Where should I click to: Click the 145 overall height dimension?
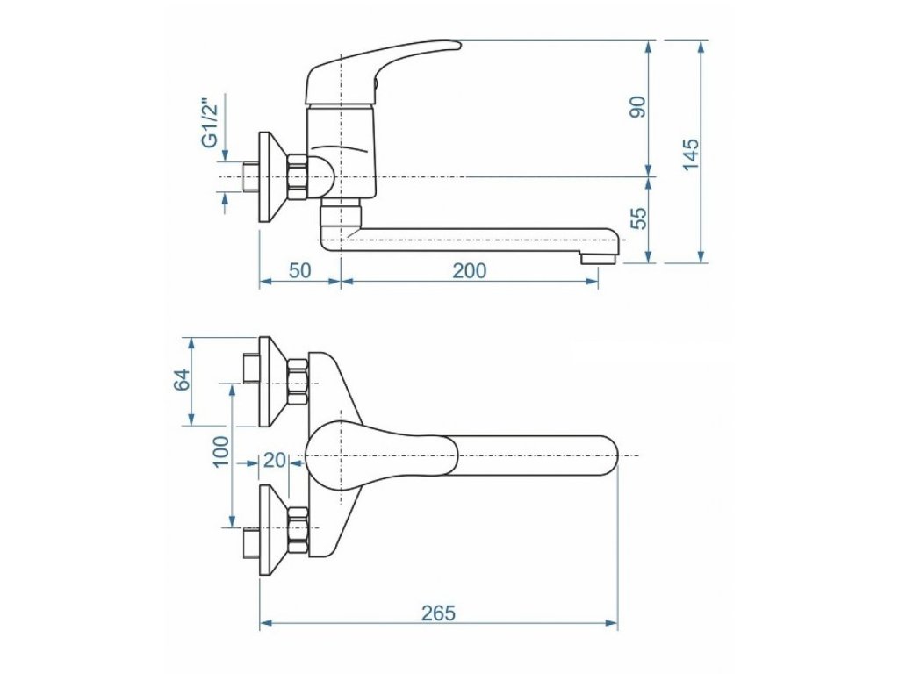[692, 154]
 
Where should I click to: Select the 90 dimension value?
[638, 107]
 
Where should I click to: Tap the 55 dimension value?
[638, 218]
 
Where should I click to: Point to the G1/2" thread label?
[210, 123]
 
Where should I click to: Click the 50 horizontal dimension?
[299, 270]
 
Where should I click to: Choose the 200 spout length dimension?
[470, 270]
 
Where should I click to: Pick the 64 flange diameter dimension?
[181, 379]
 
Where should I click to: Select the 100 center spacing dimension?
[220, 452]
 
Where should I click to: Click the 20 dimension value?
[274, 460]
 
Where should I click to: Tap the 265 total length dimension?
[439, 613]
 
